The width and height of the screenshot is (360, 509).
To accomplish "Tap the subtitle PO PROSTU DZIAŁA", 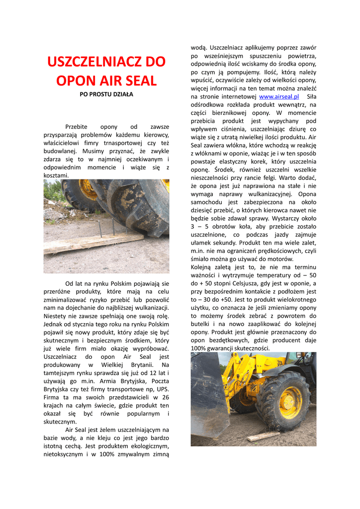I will pyautogui.click(x=106, y=94).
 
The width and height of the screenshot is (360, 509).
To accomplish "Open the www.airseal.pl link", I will pyautogui.click(x=279, y=96).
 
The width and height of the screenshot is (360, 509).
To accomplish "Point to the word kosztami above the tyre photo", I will pyautogui.click(x=56, y=175).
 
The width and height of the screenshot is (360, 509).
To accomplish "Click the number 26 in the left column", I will pyautogui.click(x=166, y=397).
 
